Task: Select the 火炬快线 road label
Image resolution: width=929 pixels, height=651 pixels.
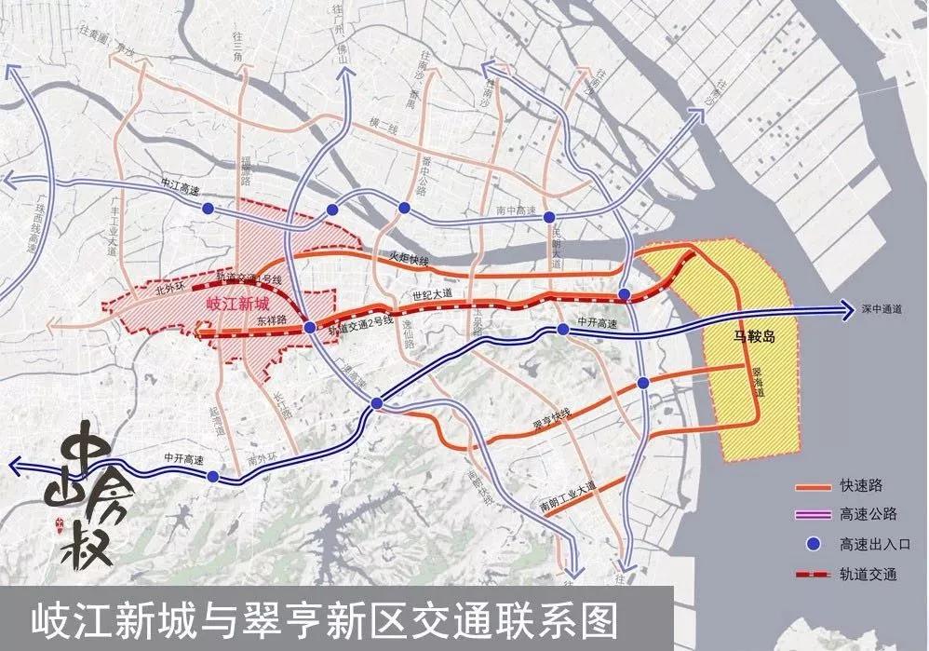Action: click(409, 262)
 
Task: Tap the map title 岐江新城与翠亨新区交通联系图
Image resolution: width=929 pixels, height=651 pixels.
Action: click(326, 619)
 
